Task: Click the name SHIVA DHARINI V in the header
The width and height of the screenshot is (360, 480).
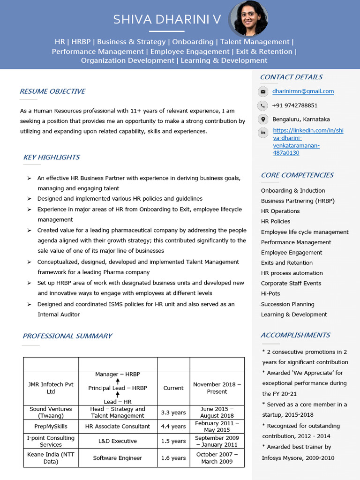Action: click(166, 20)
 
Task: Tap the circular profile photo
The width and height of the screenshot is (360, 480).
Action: click(248, 18)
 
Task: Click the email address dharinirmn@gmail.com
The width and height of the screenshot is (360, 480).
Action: click(303, 91)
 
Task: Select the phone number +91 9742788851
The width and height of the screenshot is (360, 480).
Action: click(295, 105)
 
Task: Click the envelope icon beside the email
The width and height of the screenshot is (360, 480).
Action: click(263, 92)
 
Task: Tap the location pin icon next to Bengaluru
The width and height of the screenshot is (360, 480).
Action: click(263, 119)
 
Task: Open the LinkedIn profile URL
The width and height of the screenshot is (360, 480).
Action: click(307, 142)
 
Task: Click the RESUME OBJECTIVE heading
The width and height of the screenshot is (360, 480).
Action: click(52, 91)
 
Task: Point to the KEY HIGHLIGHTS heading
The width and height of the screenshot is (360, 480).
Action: click(51, 157)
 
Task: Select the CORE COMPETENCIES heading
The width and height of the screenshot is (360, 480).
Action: click(297, 175)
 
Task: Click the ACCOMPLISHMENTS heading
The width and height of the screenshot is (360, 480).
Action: click(295, 335)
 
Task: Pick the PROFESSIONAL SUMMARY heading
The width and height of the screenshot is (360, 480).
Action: click(67, 336)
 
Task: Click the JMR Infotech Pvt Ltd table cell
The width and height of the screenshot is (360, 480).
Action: click(51, 388)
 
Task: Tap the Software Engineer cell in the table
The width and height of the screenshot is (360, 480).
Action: click(117, 458)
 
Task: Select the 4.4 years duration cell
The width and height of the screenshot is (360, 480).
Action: click(173, 427)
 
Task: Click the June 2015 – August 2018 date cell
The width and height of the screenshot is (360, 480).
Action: click(217, 412)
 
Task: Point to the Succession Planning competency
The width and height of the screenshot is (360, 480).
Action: click(287, 304)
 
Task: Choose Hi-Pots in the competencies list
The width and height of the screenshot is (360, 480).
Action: click(270, 293)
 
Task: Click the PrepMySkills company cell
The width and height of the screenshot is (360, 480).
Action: click(51, 427)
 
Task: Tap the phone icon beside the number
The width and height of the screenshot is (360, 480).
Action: click(263, 105)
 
